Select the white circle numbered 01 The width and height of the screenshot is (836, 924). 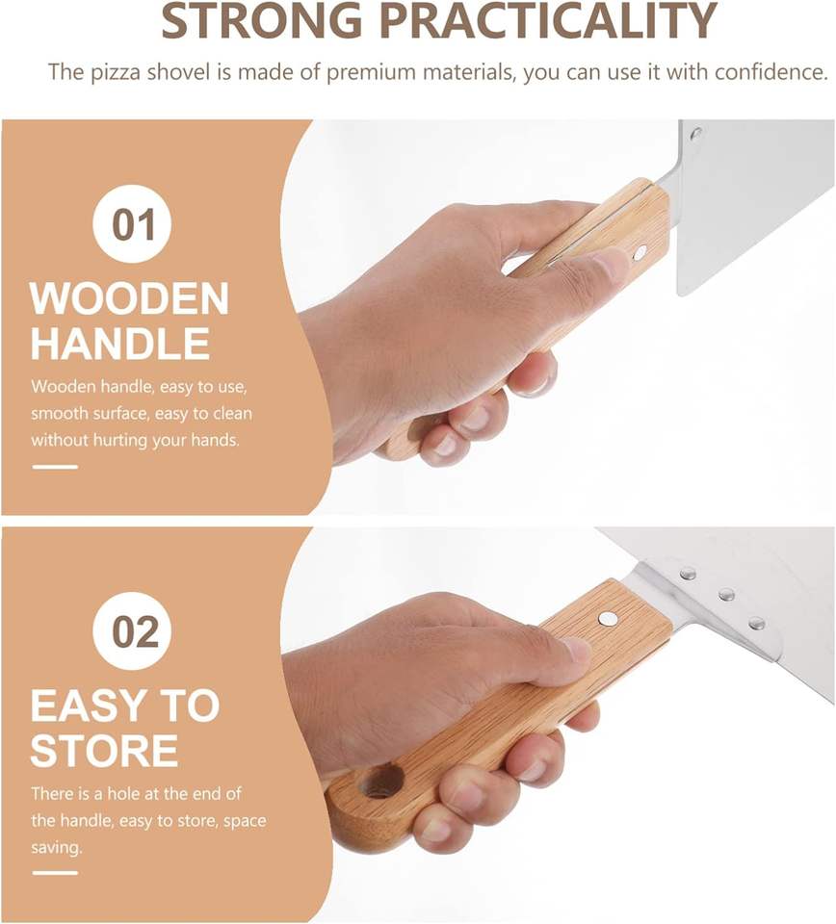tap(132, 224)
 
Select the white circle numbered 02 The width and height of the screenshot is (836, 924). tap(132, 631)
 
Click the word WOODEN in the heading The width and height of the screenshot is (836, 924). tap(129, 298)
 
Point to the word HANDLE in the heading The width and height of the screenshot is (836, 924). tap(120, 344)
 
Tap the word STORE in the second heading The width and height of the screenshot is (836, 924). tap(104, 750)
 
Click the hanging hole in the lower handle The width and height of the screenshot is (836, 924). tap(380, 782)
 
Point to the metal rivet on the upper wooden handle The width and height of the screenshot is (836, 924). tap(640, 253)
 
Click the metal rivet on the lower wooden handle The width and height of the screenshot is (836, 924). tap(607, 618)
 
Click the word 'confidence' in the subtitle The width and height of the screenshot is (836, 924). tap(769, 72)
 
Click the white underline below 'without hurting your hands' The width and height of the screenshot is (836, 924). tap(55, 467)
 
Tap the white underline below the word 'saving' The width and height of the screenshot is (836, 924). tap(55, 873)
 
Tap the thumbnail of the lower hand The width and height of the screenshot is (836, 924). tap(574, 650)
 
